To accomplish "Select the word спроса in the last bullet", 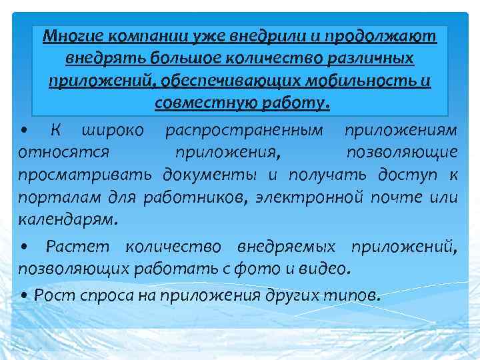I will [87, 295].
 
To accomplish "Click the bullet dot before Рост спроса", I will [24, 295].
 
